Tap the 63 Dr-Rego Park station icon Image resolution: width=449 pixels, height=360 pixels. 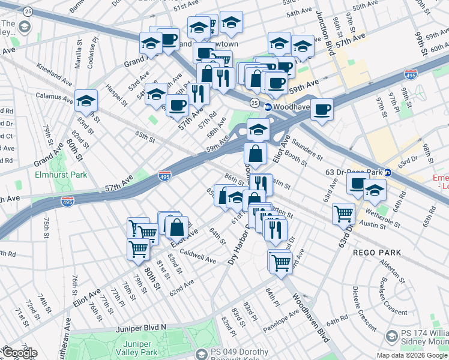[388, 172]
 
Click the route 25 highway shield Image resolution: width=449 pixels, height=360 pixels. [255, 103]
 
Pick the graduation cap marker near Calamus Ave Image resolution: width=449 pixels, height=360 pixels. [86, 101]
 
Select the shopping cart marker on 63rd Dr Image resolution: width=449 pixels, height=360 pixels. [343, 214]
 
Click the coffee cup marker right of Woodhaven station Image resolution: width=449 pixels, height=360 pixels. [322, 110]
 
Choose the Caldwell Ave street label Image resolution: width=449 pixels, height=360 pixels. [197, 256]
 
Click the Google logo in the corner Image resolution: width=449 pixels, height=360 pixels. [20, 353]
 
